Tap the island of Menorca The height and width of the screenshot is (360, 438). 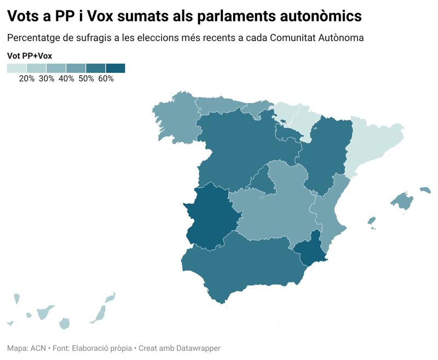coord(425,190)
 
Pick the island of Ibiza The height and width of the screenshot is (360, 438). coord(371,221)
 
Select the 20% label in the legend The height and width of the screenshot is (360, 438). coord(26,78)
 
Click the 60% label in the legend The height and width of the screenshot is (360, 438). coord(106,78)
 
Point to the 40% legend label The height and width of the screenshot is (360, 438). coord(66,78)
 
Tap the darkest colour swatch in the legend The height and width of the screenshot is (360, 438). coord(115,68)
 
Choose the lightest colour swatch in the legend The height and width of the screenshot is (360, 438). coord(16,68)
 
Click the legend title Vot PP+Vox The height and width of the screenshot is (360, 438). coord(30,56)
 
